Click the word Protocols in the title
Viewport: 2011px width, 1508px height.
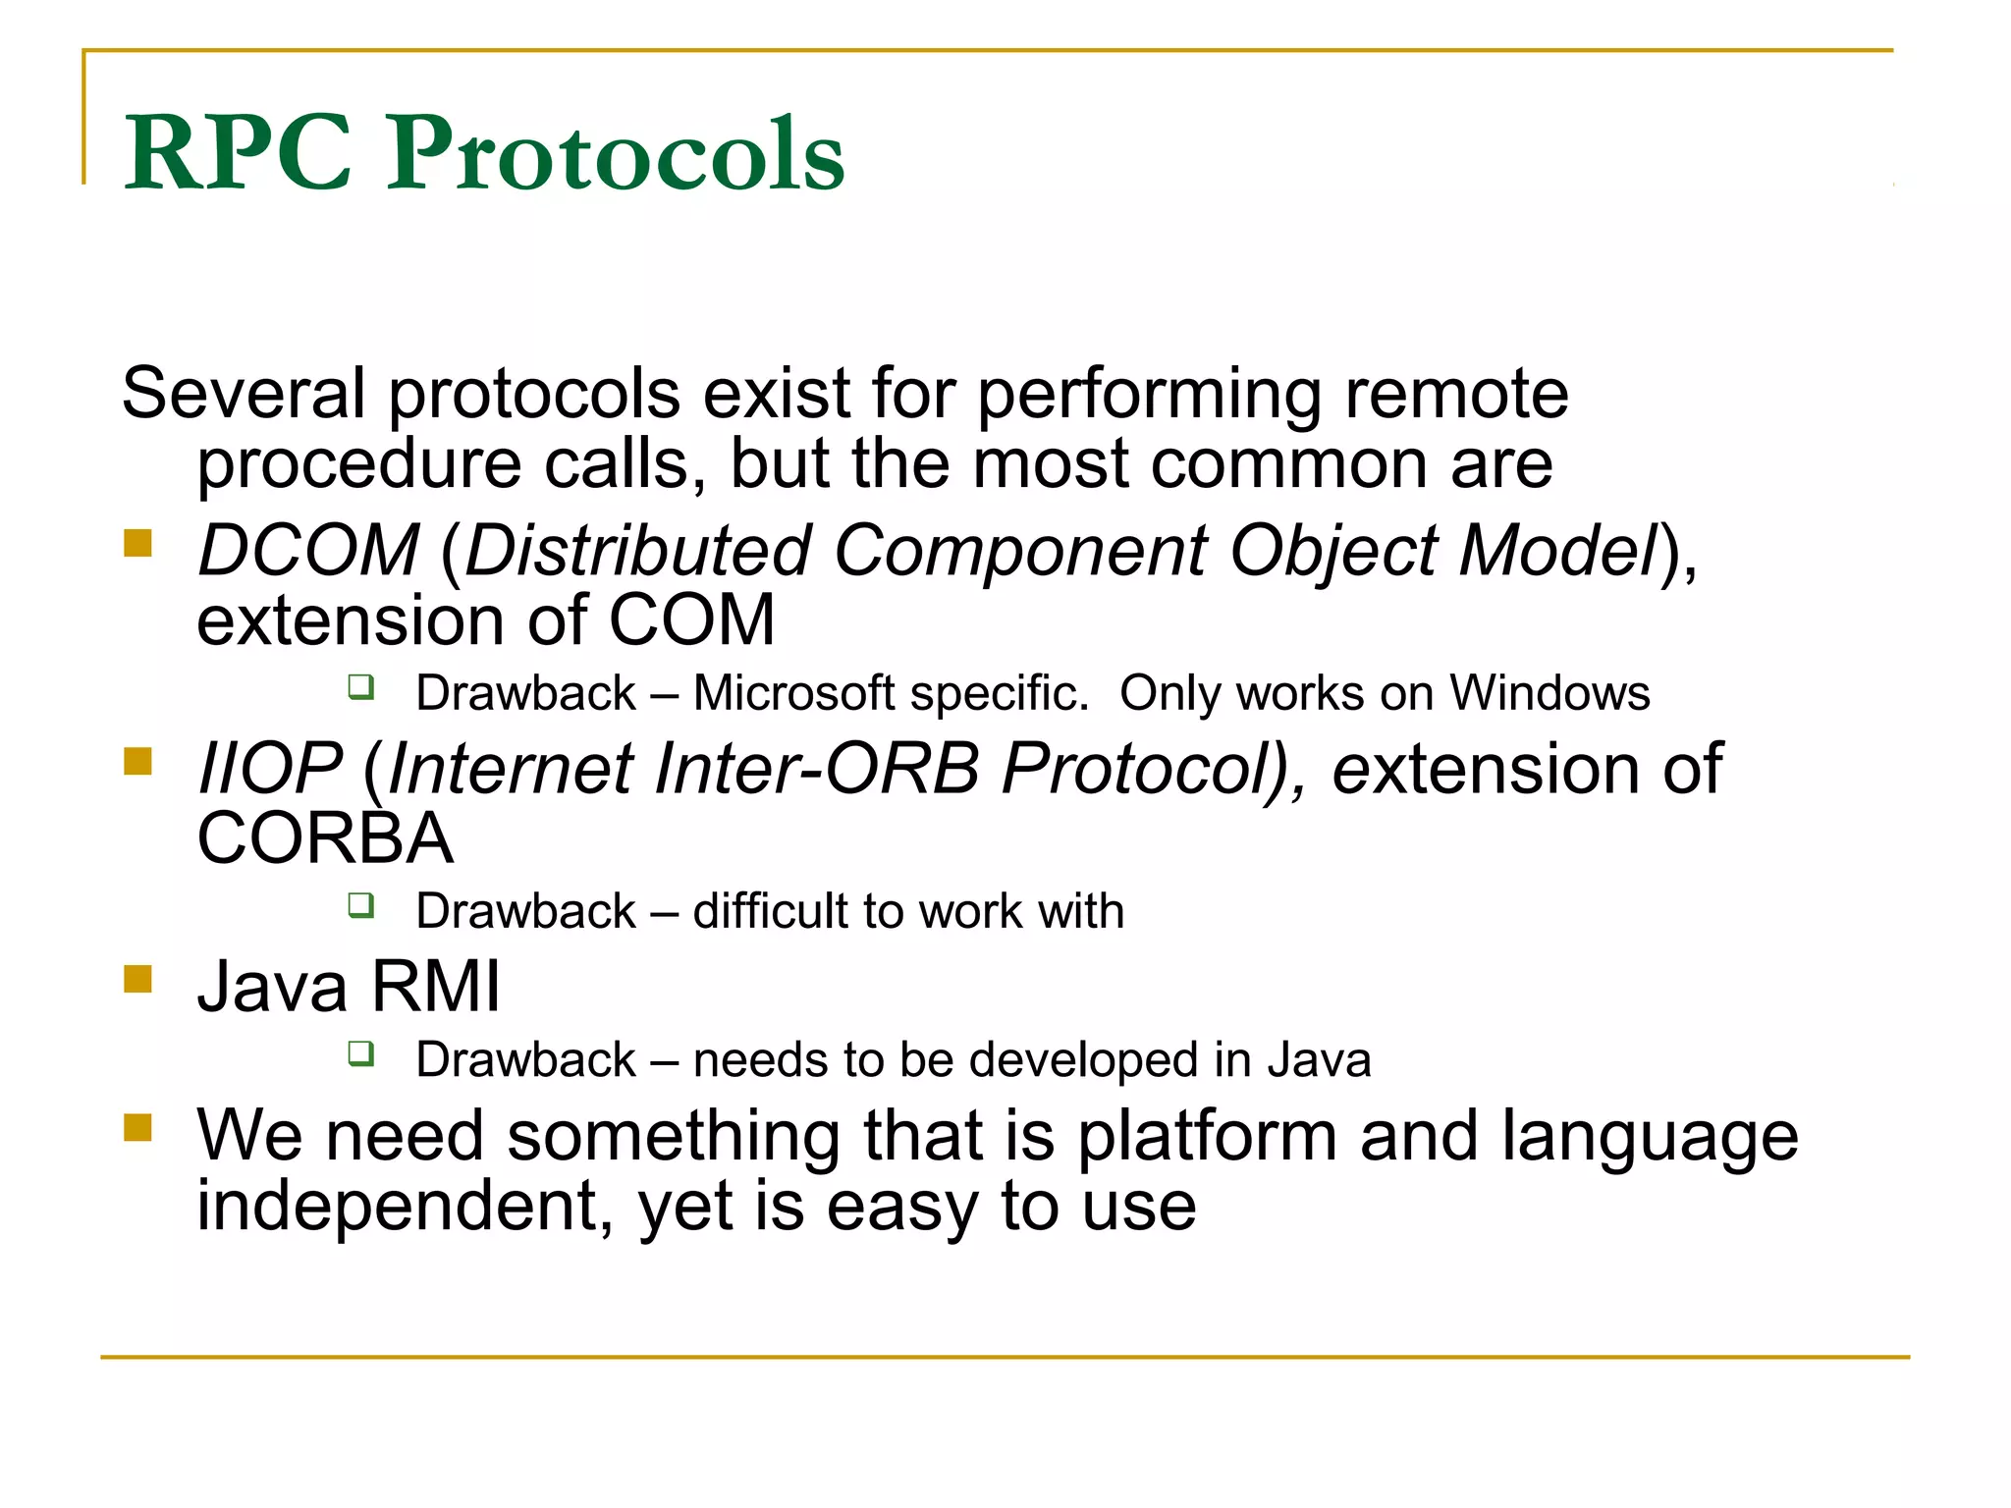615,155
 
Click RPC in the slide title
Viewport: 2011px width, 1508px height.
238,155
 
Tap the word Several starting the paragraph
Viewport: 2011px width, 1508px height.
244,394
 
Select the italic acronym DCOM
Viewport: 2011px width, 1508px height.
308,551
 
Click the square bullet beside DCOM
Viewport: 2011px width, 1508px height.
138,543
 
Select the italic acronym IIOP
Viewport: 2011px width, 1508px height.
270,769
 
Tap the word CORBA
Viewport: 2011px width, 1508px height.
325,839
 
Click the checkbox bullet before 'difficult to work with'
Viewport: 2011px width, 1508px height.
361,904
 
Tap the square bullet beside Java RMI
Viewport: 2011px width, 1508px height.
138,979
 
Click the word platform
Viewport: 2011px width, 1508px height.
1208,1137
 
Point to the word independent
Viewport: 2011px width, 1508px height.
397,1207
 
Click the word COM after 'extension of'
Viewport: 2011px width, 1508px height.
692,621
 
